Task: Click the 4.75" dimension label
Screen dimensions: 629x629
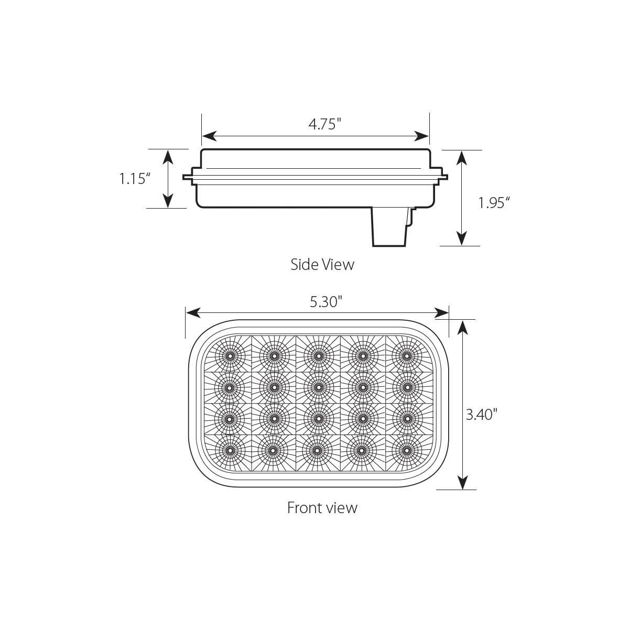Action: [x=324, y=125]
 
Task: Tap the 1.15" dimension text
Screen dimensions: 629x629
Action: [x=135, y=179]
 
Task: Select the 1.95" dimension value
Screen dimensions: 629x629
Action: [x=494, y=202]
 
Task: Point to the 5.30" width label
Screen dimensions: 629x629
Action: [x=326, y=301]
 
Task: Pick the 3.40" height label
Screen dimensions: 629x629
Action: [x=481, y=415]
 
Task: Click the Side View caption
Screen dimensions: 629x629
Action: [x=322, y=265]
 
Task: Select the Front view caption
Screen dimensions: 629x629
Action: [x=322, y=507]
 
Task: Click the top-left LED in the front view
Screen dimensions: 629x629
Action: [x=230, y=356]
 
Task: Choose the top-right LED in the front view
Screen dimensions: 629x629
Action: [x=406, y=356]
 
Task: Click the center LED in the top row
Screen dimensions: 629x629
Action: [x=318, y=356]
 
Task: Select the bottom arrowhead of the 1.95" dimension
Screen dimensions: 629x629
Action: [x=461, y=240]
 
